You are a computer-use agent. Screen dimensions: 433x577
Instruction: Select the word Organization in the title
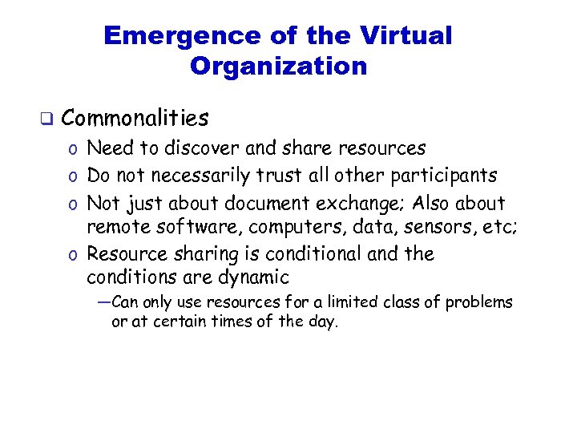click(x=278, y=66)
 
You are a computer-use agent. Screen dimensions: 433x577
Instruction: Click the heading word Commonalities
click(x=135, y=119)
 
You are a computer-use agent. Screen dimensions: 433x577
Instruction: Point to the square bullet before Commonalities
click(x=46, y=120)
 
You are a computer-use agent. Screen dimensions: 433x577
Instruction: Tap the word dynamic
click(x=256, y=278)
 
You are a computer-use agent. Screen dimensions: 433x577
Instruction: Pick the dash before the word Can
click(x=103, y=302)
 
